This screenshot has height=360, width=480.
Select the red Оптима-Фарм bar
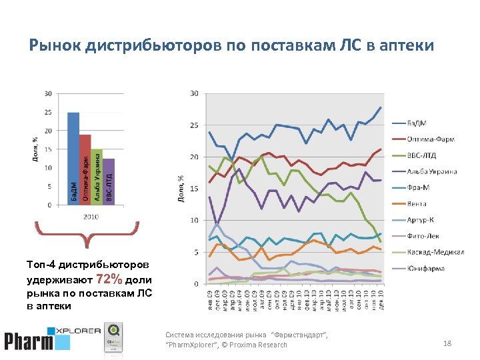85,169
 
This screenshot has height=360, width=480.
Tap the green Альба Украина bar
97,177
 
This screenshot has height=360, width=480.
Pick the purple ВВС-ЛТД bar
109,181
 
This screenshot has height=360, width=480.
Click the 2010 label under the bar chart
91,217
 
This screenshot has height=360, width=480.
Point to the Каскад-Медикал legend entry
433,252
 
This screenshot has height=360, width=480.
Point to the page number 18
447,343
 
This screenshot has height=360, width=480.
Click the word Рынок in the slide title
52,45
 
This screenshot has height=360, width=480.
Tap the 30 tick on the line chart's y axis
194,93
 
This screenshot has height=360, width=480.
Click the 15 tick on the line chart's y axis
194,189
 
